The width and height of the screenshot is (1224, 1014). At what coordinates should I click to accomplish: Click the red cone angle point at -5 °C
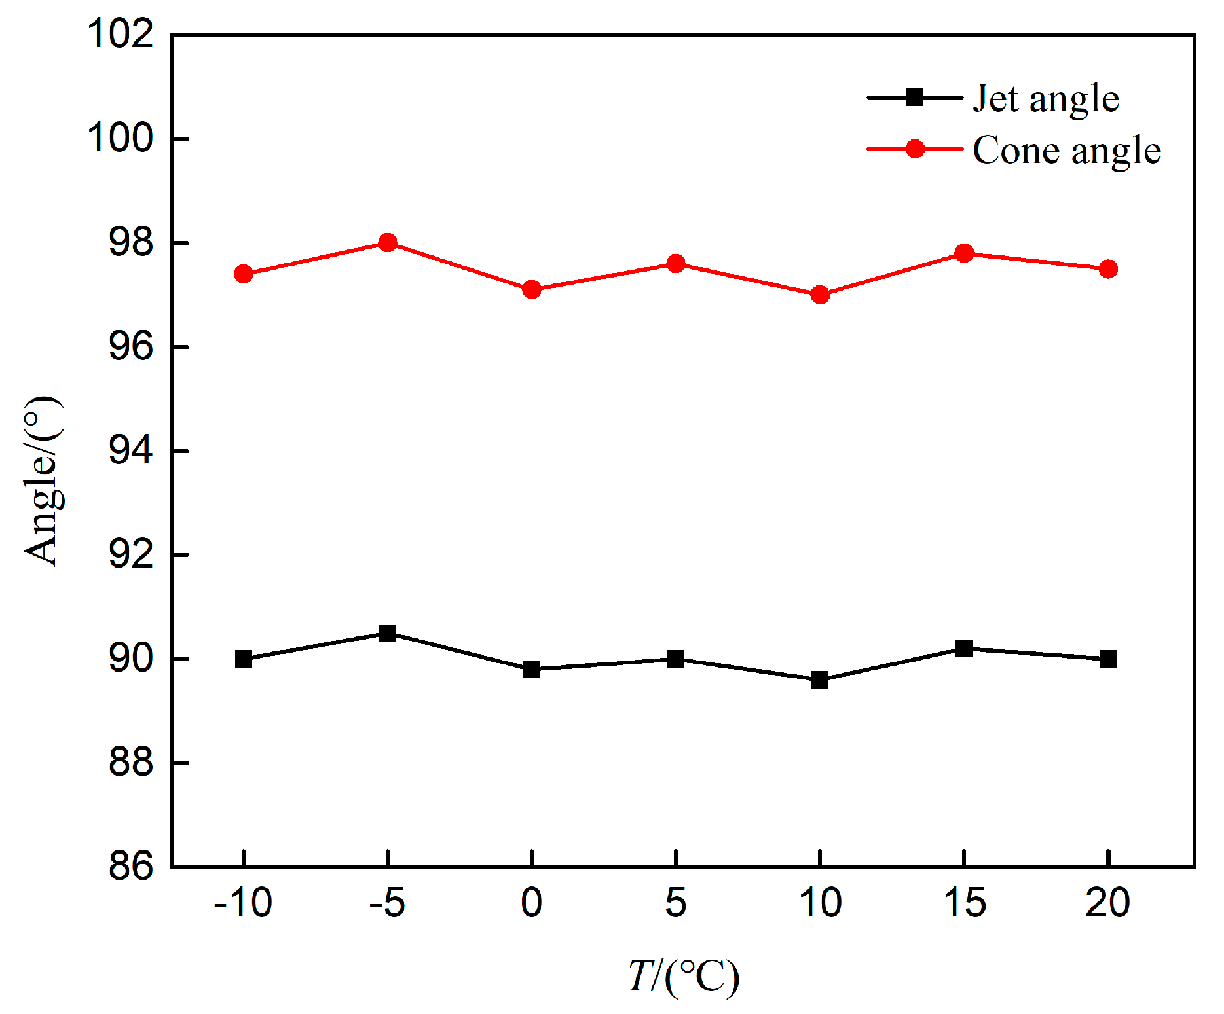tap(388, 243)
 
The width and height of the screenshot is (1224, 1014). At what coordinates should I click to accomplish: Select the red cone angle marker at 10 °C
tap(820, 295)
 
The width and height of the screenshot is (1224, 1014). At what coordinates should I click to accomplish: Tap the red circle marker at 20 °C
tap(1108, 269)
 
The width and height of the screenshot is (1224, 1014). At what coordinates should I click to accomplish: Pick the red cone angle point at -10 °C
tap(244, 274)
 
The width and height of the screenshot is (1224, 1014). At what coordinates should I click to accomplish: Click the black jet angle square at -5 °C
tap(388, 633)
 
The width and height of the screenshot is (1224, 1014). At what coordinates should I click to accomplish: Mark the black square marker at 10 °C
tap(820, 680)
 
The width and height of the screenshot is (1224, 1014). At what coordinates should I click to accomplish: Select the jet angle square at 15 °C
tap(964, 649)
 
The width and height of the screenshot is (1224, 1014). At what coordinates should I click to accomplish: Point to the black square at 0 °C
tap(532, 670)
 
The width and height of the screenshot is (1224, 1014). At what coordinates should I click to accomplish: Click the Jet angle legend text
tap(1046, 99)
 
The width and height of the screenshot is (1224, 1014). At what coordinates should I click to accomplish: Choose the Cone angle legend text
tap(1067, 151)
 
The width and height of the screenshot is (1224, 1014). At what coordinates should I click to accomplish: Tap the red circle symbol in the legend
tap(915, 149)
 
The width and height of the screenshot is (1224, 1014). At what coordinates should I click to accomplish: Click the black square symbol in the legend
tap(915, 98)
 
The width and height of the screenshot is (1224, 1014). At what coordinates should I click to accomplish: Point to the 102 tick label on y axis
tap(121, 34)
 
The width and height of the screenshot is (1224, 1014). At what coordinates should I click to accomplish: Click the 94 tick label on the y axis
tap(131, 450)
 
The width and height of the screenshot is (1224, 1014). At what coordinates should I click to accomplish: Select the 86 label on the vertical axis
tap(131, 867)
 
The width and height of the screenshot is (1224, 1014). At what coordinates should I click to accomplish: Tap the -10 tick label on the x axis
tap(243, 903)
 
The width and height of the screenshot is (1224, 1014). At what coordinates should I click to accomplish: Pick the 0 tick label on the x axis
tap(532, 903)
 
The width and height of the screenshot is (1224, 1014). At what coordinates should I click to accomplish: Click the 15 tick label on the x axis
tap(964, 903)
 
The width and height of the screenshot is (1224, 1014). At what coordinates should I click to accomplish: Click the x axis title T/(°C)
tap(683, 976)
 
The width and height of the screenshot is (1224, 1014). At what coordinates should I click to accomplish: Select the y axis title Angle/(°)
tap(43, 481)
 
